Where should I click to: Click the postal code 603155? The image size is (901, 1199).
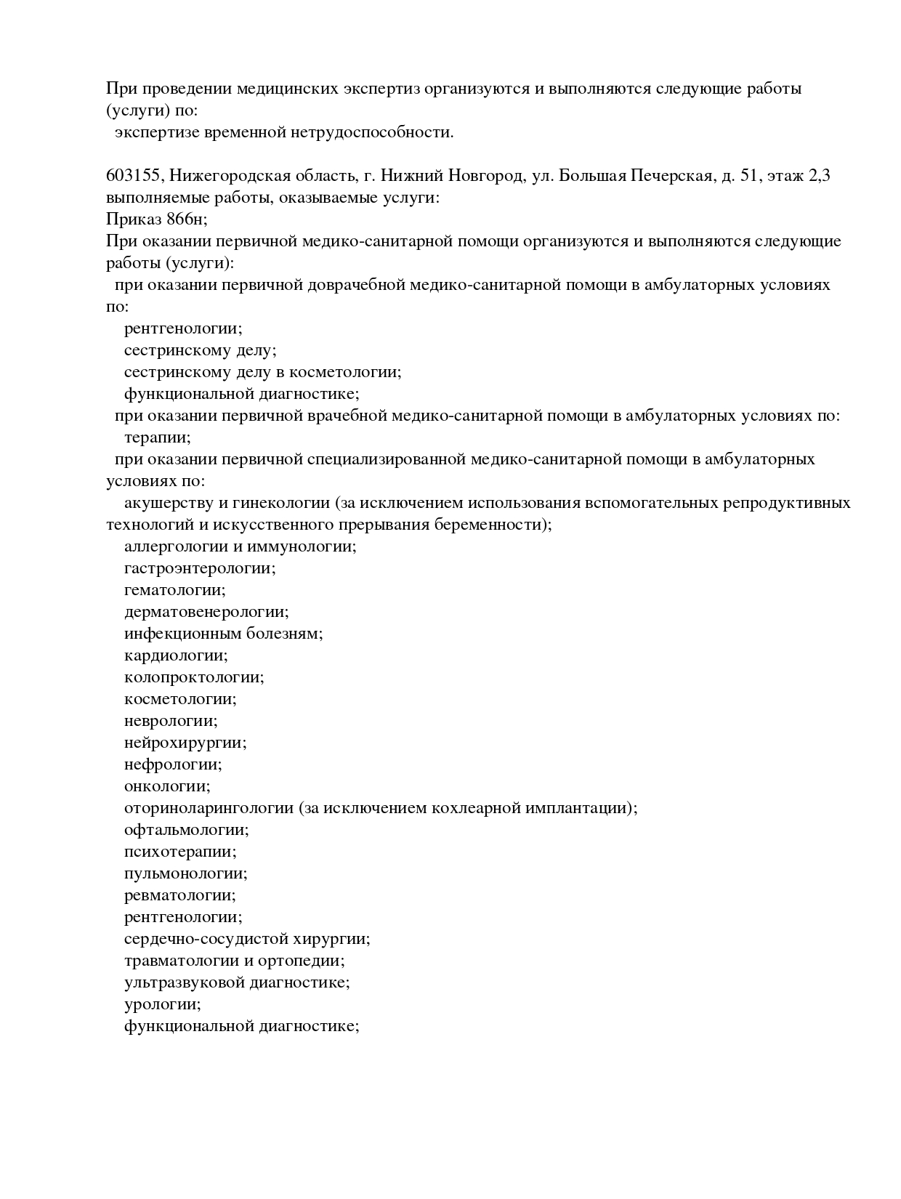135,176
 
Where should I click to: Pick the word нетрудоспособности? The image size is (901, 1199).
372,132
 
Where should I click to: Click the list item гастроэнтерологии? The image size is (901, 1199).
200,568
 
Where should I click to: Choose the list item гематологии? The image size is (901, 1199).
174,590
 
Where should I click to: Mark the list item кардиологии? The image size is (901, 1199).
176,655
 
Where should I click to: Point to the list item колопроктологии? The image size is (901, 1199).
194,677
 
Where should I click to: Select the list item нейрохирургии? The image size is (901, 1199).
185,743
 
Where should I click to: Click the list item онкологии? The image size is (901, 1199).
167,786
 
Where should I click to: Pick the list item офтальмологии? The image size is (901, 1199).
186,830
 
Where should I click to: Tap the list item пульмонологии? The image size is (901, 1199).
185,873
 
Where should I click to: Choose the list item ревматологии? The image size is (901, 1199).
179,895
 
